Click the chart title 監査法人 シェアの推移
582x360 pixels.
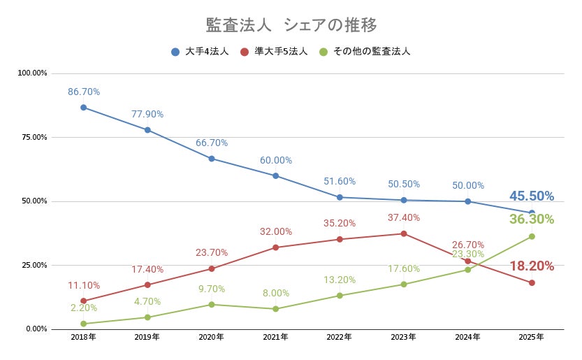[x=291, y=25]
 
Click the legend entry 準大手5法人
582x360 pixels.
[x=274, y=52]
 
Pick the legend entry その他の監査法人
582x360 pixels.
[x=364, y=52]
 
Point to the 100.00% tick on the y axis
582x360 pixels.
[x=32, y=73]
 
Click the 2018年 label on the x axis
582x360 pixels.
[x=83, y=337]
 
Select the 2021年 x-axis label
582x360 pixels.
[x=275, y=337]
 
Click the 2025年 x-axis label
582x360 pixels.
[x=532, y=337]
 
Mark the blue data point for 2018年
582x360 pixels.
[x=83, y=108]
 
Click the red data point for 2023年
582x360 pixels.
[x=404, y=233]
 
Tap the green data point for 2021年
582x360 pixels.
[x=275, y=309]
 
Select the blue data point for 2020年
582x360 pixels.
[x=212, y=159]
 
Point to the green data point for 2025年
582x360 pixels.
[x=532, y=236]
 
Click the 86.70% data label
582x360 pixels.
[x=84, y=92]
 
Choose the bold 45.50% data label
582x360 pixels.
[x=531, y=196]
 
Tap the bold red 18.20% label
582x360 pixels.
[x=531, y=266]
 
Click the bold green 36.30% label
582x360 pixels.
[x=531, y=219]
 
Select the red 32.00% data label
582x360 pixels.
[x=275, y=231]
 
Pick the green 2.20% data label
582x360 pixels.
[x=84, y=308]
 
